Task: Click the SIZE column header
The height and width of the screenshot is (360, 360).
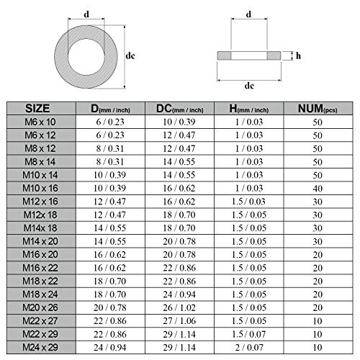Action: [37, 109]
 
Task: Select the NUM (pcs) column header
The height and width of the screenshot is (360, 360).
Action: [318, 109]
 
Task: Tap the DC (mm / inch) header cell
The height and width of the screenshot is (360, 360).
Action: [180, 109]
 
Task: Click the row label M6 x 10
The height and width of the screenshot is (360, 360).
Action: [40, 122]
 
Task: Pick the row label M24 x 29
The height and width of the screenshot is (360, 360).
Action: [40, 347]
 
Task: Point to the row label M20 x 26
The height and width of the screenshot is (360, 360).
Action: [40, 307]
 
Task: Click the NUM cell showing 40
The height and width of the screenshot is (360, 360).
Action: [318, 189]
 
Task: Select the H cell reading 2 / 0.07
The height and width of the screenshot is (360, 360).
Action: [249, 347]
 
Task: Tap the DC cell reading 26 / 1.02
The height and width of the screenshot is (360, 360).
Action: [179, 307]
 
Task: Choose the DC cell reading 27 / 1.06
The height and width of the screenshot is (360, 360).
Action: [179, 320]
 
